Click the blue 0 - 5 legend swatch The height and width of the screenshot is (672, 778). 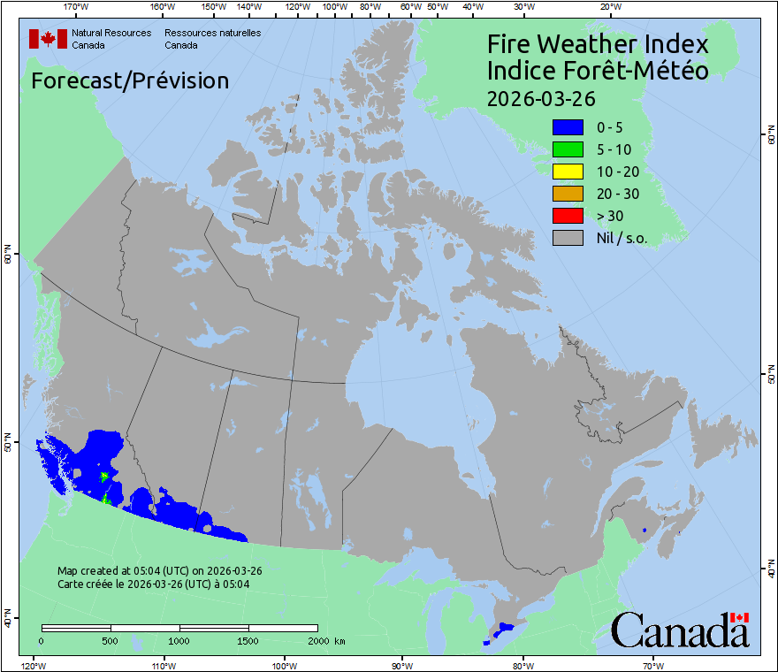pos(568,127)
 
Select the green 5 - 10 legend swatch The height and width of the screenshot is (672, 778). pos(568,149)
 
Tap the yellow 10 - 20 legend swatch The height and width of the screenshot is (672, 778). pos(568,172)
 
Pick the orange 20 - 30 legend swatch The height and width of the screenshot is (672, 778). pos(568,194)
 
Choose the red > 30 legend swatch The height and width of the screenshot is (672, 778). pos(568,216)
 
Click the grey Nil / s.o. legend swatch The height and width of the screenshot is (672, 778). pos(568,238)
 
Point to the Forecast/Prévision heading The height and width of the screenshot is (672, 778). pos(130,80)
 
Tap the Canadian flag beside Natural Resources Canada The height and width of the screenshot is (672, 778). pos(48,39)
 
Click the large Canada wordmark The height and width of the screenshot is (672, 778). pos(679,630)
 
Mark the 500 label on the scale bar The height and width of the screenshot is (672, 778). pos(111,640)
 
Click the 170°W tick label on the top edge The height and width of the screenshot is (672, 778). pos(77,7)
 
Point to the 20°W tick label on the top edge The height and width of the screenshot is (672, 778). pos(609,7)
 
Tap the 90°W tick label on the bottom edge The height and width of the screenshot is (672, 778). pos(401,665)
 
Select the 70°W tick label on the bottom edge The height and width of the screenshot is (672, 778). pos(652,665)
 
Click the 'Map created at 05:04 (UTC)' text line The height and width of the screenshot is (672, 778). pos(159,571)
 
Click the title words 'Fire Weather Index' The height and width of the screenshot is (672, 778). pos(598,44)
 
